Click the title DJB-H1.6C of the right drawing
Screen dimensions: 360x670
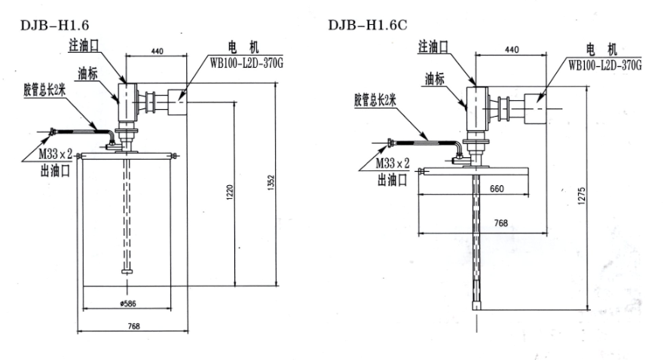pos(369,24)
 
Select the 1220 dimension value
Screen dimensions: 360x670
pos(230,192)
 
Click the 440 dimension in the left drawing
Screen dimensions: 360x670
pos(157,51)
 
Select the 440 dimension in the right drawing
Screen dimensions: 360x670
pos(511,50)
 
